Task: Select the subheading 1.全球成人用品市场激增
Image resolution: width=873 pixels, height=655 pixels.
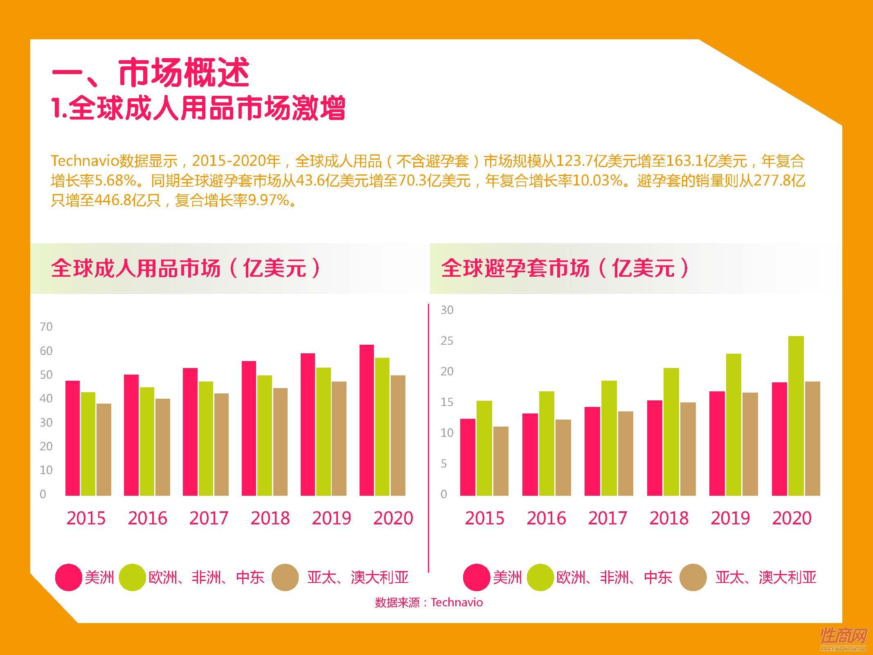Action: (x=199, y=108)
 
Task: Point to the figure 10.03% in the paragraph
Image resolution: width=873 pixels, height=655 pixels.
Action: (x=597, y=181)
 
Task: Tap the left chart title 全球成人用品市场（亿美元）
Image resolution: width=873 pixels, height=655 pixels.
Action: (x=186, y=268)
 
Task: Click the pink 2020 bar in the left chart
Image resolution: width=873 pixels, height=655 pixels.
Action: (x=367, y=420)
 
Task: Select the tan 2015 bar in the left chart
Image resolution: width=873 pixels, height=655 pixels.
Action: (x=104, y=449)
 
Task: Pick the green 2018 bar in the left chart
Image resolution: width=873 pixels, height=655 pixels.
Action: (x=264, y=435)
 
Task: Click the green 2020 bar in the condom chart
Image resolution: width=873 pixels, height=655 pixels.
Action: (x=796, y=416)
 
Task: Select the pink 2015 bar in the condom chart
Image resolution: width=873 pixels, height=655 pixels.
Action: (x=468, y=457)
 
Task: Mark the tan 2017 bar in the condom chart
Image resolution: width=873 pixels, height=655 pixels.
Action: (x=625, y=453)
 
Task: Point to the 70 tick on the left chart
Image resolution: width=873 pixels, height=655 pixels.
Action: (x=46, y=327)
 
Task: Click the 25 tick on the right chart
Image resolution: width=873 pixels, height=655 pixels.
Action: (x=447, y=341)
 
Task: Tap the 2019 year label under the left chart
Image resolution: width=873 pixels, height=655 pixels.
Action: (x=331, y=518)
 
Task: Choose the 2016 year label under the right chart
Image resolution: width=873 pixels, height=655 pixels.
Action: (x=546, y=518)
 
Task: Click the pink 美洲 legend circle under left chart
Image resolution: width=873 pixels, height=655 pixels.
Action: (x=68, y=577)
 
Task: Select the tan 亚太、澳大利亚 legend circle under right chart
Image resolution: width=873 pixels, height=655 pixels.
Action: (x=693, y=577)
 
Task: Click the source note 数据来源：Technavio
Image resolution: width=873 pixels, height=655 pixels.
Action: (x=428, y=602)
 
